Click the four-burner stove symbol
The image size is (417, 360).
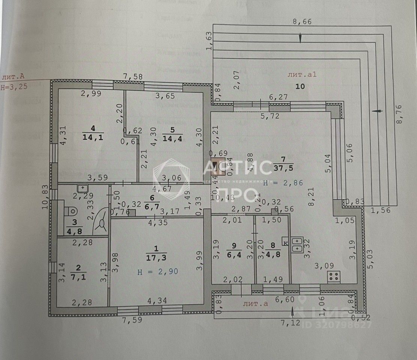[334, 277]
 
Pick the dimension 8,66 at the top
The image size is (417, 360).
[302, 21]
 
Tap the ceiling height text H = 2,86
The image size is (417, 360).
[283, 183]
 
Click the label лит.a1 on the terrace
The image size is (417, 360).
[302, 74]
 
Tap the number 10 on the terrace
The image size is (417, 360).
[300, 86]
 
